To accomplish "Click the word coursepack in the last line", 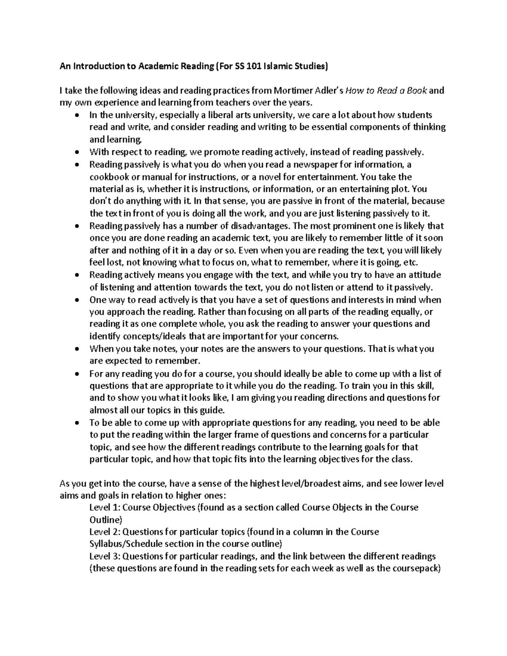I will (415, 569).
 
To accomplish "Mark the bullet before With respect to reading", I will (76, 152).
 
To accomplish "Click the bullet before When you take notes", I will (76, 349).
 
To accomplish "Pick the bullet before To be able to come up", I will (76, 423).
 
